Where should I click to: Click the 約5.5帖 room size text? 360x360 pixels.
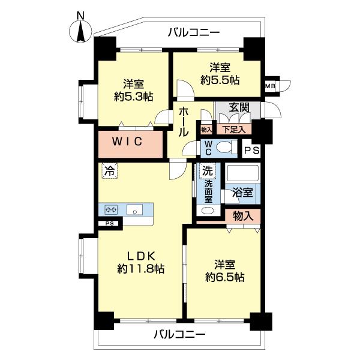coord(220,80)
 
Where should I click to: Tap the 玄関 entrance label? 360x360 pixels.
coord(239,107)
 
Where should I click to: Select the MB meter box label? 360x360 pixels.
coord(271,86)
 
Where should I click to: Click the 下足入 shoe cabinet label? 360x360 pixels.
coord(235,128)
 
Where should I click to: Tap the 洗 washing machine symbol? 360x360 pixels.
coord(206,170)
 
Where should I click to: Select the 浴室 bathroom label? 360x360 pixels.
coord(242,194)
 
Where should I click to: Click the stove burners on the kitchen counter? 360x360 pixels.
coord(112,209)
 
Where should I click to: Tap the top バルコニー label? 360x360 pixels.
coord(194,32)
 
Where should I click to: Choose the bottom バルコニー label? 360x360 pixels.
coord(179,334)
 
